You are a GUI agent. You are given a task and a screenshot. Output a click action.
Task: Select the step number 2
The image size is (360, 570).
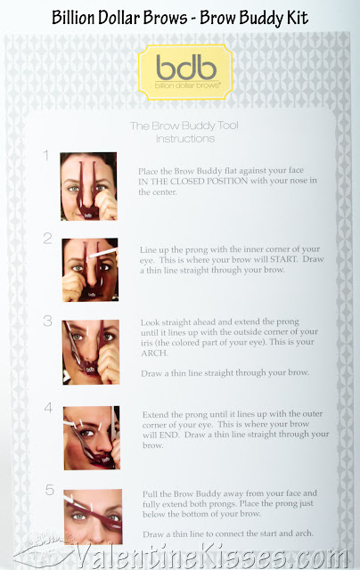pos(46,239)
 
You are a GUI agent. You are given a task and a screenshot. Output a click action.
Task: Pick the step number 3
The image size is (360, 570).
pos(47,320)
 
